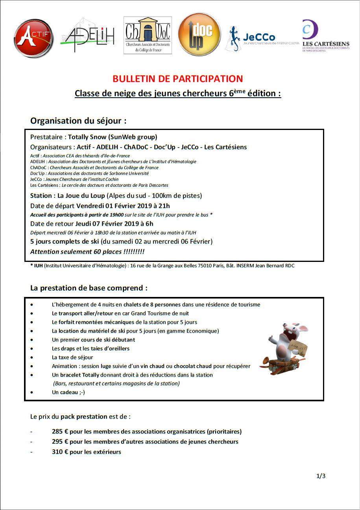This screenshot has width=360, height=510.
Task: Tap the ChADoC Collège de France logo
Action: click(148, 35)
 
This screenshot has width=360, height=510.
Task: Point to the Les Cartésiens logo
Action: click(326, 36)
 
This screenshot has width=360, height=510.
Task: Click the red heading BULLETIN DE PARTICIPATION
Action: click(178, 79)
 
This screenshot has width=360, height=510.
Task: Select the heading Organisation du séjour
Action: click(78, 121)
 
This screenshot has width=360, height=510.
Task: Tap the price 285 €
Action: click(60, 431)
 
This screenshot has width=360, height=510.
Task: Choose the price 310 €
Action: click(60, 452)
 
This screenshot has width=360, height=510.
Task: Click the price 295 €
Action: click(60, 441)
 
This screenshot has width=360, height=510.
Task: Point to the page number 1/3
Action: click(321, 476)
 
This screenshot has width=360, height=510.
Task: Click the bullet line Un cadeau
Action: click(68, 392)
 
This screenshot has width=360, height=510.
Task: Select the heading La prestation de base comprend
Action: click(89, 288)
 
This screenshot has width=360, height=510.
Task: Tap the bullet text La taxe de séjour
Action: click(72, 358)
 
